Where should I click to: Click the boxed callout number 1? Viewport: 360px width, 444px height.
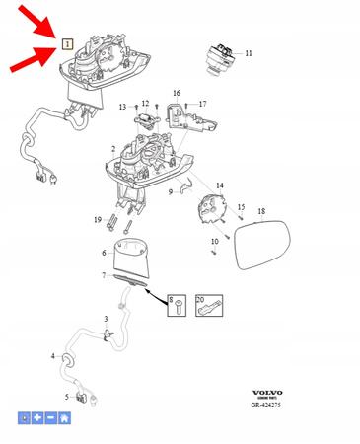(67, 44)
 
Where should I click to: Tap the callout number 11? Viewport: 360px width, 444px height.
(249, 52)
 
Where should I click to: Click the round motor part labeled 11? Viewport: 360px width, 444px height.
(218, 55)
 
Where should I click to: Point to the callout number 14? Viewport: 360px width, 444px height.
(220, 185)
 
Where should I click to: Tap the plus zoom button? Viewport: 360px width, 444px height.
(37, 418)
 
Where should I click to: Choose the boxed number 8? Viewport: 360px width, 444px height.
(171, 298)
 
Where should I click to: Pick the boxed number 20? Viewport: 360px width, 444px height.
(200, 298)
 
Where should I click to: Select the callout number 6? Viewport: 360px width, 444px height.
(104, 253)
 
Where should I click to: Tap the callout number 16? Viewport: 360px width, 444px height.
(178, 93)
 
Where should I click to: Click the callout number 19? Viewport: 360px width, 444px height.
(98, 219)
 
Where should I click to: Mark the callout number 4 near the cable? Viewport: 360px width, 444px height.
(54, 355)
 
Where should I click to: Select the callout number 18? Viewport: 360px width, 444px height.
(261, 212)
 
